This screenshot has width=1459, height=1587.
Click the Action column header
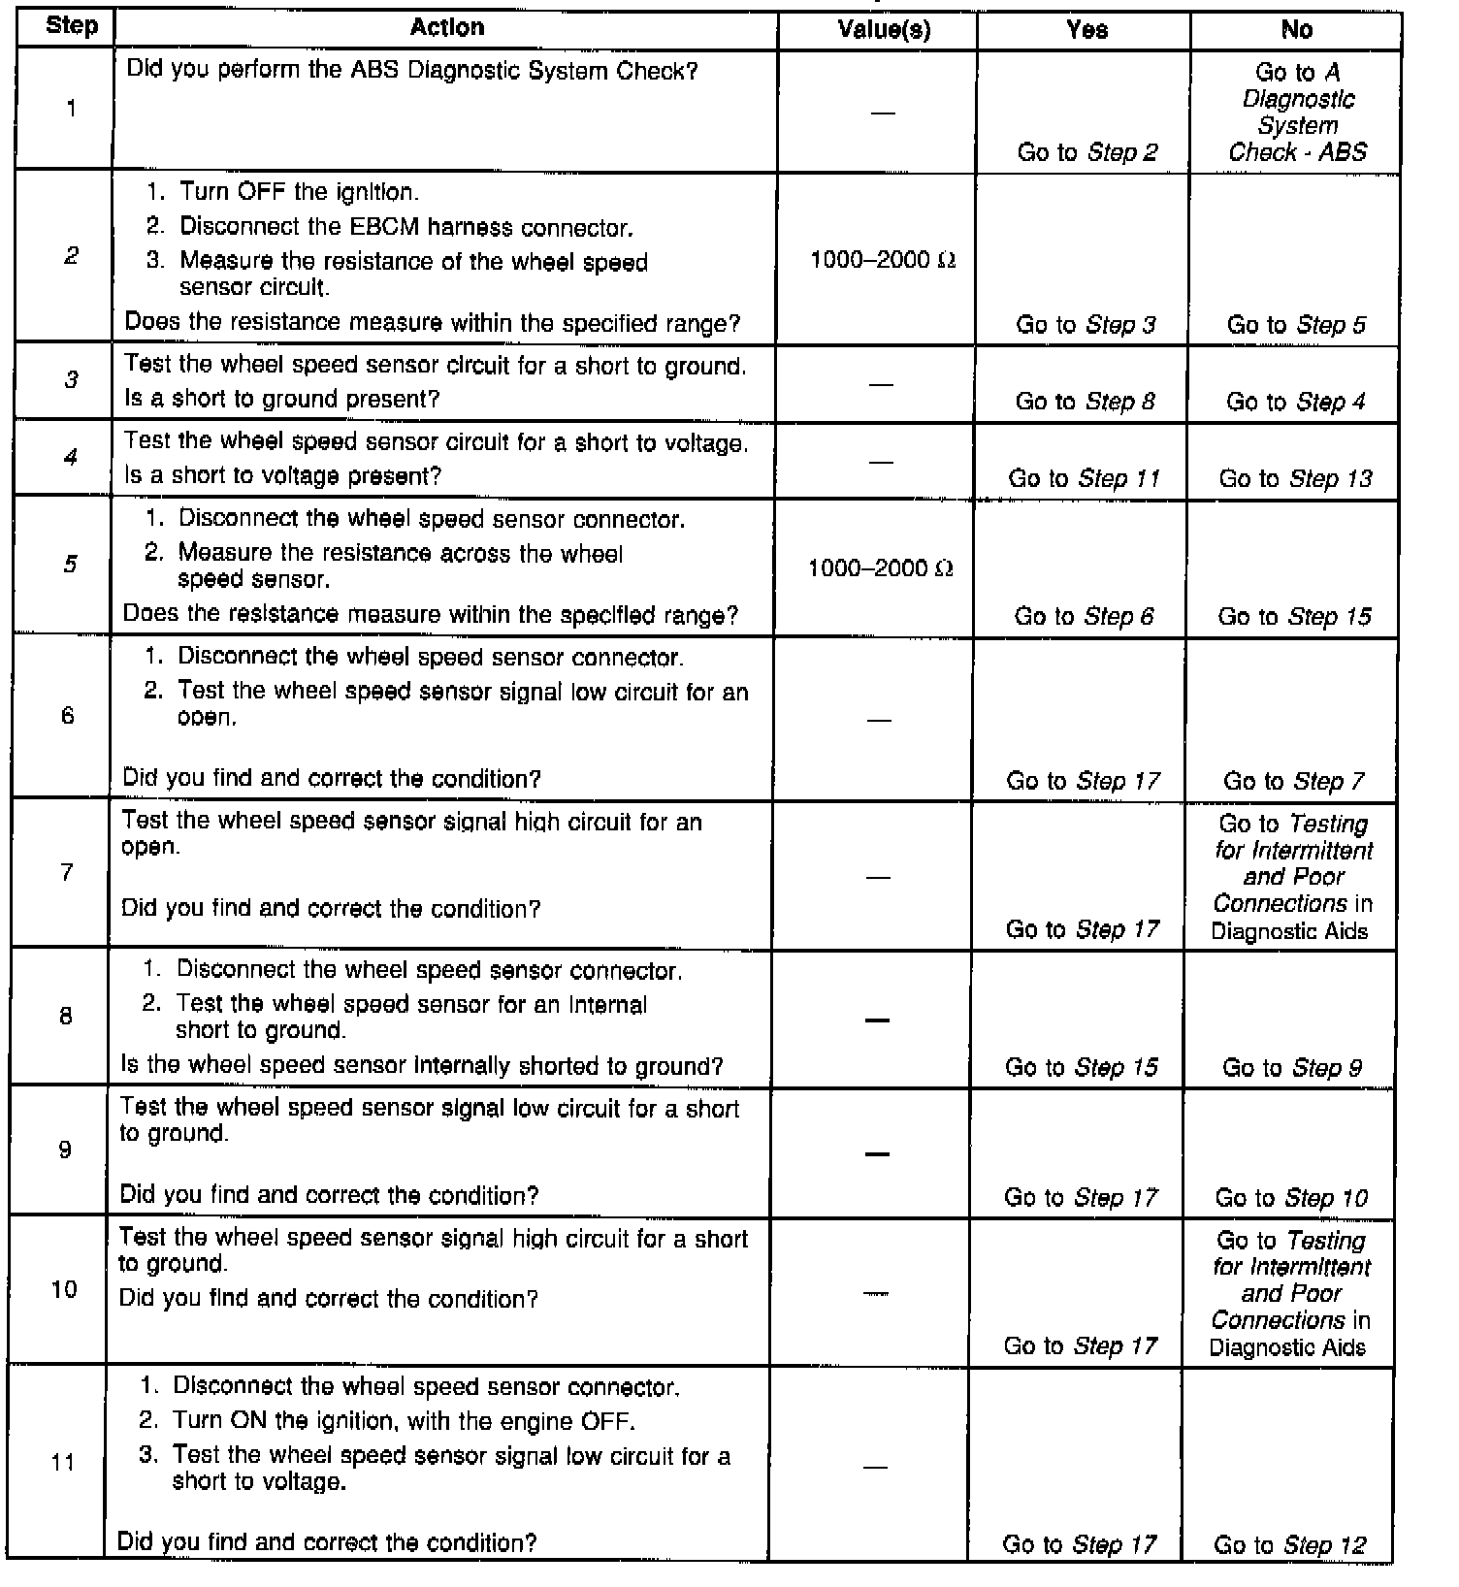pyautogui.click(x=446, y=27)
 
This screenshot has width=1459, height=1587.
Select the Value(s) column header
pyautogui.click(x=884, y=30)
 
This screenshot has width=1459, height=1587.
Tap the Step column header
pyautogui.click(x=71, y=26)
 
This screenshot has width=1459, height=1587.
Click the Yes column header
pyautogui.click(x=1086, y=30)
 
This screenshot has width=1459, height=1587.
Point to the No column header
pyautogui.click(x=1296, y=30)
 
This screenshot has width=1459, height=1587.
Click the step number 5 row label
pyautogui.click(x=70, y=565)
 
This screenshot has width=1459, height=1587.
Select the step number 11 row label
pyautogui.click(x=63, y=1461)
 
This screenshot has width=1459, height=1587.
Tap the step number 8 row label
pyautogui.click(x=66, y=1016)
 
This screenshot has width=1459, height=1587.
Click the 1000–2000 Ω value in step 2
pyautogui.click(x=883, y=260)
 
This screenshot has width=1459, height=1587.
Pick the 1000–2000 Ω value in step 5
pyautogui.click(x=881, y=568)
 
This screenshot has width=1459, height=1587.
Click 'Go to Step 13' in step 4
pyautogui.click(x=1295, y=478)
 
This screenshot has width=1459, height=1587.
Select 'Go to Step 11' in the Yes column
pyautogui.click(x=1084, y=478)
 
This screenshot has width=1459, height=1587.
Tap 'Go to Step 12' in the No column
pyautogui.click(x=1289, y=1544)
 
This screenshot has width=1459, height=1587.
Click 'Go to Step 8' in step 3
pyautogui.click(x=1085, y=402)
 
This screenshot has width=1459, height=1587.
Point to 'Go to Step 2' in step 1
pyautogui.click(x=1086, y=152)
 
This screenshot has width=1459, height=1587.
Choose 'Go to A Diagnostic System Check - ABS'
pyautogui.click(x=1297, y=112)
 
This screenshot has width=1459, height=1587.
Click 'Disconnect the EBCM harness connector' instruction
pyautogui.click(x=405, y=227)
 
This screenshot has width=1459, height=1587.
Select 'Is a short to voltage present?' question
pyautogui.click(x=282, y=476)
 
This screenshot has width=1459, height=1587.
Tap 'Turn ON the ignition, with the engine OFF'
pyautogui.click(x=404, y=1421)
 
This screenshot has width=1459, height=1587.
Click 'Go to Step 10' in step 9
pyautogui.click(x=1291, y=1198)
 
